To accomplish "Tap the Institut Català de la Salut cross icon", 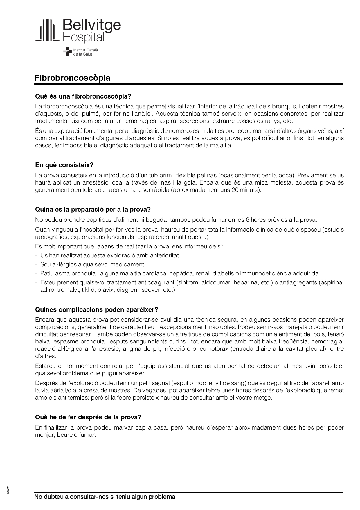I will (x=67, y=52).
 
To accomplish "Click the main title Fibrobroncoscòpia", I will (x=72, y=78).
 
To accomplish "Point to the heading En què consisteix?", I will (x=64, y=165).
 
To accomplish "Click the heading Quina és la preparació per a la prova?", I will (x=93, y=210).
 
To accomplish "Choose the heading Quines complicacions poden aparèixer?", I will (x=96, y=310).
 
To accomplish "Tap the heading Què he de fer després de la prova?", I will (x=88, y=417).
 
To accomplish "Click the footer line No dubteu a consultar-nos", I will (x=105, y=497).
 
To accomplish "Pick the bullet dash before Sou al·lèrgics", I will (x=36, y=265).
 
